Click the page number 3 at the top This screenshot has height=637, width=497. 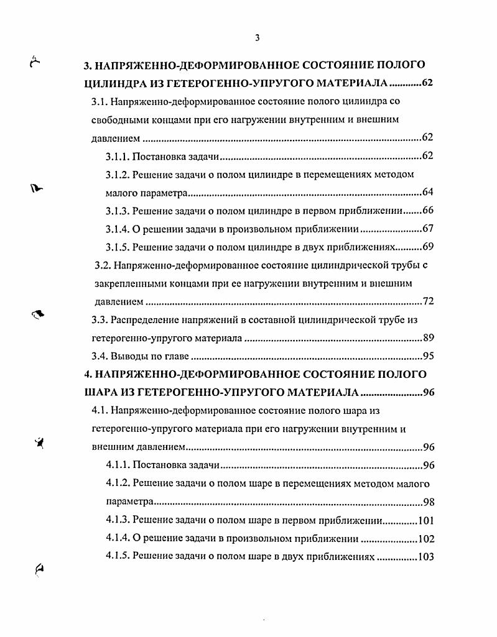point(257,39)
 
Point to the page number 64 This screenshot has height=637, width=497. point(427,192)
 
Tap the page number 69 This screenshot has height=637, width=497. point(427,247)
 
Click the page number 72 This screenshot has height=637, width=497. point(427,302)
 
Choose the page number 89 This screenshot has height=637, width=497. point(427,339)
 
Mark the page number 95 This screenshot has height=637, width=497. point(427,357)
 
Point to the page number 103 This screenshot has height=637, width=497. point(425,557)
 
